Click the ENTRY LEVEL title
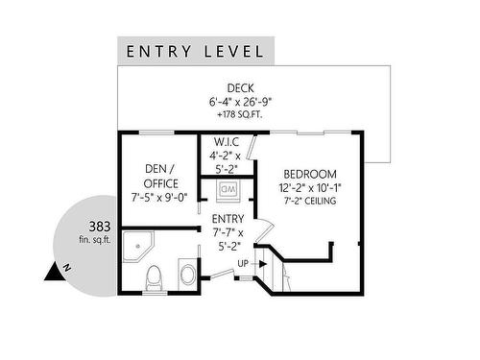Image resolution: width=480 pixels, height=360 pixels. (195, 52)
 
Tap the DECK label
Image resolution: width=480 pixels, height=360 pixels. (241, 88)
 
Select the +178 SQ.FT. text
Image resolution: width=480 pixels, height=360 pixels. (240, 115)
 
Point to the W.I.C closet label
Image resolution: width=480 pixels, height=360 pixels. (227, 141)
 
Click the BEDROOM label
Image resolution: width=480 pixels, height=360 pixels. (310, 174)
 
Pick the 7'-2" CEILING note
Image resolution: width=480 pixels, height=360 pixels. (310, 201)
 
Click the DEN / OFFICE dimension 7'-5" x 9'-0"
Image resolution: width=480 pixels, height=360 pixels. (159, 198)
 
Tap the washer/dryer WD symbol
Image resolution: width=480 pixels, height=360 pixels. (228, 189)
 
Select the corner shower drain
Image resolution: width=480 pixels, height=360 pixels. (138, 246)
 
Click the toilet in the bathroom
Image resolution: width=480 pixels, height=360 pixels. (156, 278)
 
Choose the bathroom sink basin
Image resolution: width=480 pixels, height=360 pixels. (187, 275)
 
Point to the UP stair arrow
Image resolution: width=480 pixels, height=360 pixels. (259, 264)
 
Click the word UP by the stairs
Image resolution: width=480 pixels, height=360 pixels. (243, 264)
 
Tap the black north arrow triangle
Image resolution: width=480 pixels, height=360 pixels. (53, 273)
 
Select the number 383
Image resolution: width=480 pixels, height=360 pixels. (100, 227)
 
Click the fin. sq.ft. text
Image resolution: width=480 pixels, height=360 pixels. (95, 239)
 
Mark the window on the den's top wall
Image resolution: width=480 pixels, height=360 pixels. (156, 132)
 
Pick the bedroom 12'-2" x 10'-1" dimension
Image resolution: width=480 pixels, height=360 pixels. (310, 188)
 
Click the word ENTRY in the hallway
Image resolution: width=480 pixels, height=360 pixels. (228, 219)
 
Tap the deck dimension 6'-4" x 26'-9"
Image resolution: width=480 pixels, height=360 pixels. (240, 102)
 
